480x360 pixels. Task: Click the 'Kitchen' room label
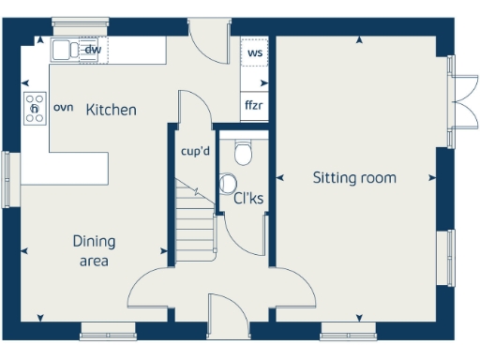pyautogui.click(x=111, y=110)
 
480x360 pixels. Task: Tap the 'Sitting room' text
pyautogui.click(x=354, y=177)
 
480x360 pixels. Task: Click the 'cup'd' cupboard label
pyautogui.click(x=194, y=151)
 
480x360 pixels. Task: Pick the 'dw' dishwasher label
pyautogui.click(x=93, y=50)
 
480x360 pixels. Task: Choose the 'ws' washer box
pyautogui.click(x=254, y=52)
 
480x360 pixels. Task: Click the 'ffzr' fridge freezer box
pyautogui.click(x=254, y=105)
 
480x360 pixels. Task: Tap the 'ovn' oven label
pyautogui.click(x=63, y=108)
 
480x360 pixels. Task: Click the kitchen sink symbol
pyautogui.click(x=66, y=50)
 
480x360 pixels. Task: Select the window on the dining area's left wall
pyautogui.click(x=13, y=178)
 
